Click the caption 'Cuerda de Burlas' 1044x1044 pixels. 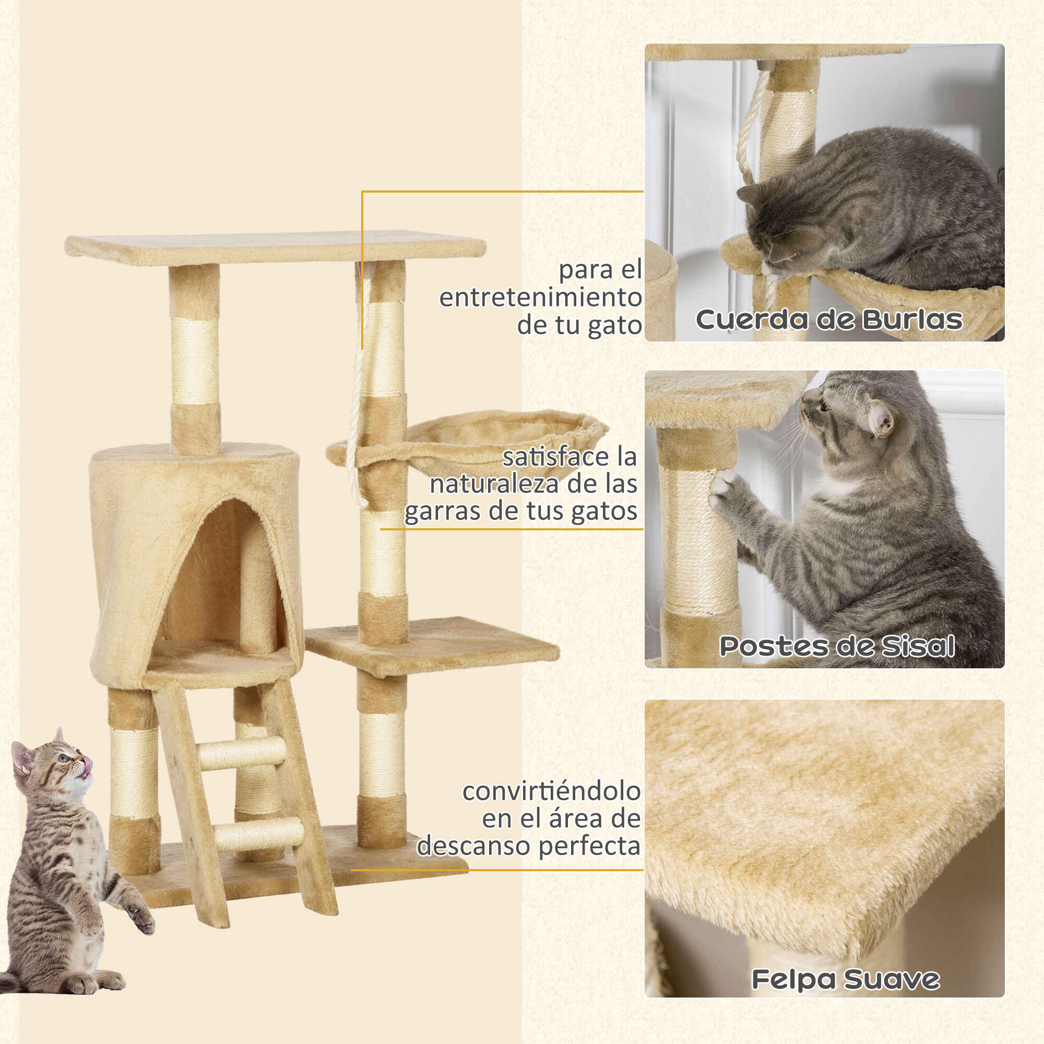click(829, 319)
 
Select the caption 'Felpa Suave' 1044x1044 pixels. click(846, 980)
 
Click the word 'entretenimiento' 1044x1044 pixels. click(540, 297)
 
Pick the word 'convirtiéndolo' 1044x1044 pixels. click(552, 791)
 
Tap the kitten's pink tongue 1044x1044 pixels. click(87, 765)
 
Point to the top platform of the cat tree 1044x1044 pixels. click(275, 248)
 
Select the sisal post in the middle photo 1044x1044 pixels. click(697, 540)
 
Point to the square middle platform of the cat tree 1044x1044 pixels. click(432, 646)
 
